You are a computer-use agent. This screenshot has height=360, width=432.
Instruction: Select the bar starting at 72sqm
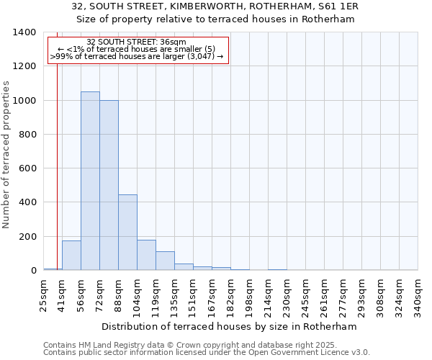point(109,186)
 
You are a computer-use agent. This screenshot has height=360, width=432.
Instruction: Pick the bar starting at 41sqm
point(71,256)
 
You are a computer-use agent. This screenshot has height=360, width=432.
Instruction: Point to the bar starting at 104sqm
point(146,255)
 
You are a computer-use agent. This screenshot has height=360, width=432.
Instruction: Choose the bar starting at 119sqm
point(165,261)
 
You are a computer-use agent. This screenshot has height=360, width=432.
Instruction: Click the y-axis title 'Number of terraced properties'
point(7,155)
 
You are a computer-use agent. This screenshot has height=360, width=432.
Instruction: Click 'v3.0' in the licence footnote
point(360,353)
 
